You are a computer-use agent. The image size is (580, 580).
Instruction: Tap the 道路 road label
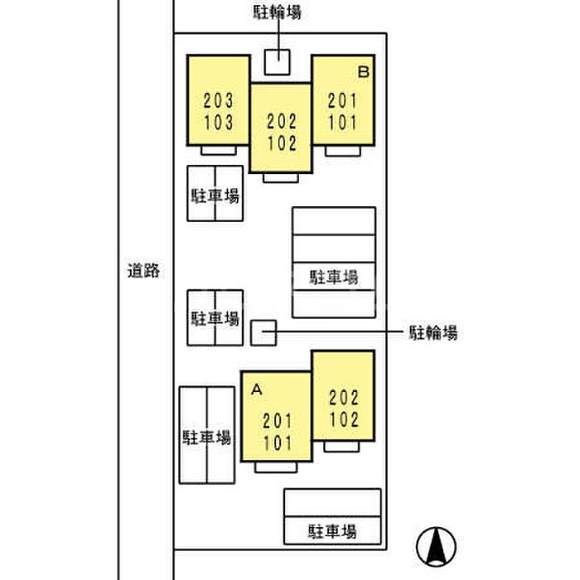(x=143, y=270)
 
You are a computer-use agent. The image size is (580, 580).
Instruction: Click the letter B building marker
(x=363, y=73)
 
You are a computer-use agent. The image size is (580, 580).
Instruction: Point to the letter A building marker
(x=256, y=388)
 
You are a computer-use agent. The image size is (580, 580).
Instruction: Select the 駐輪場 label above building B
(x=278, y=12)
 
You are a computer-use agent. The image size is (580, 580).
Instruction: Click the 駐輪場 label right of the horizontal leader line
(x=433, y=333)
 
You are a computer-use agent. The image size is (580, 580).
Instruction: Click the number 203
(x=218, y=102)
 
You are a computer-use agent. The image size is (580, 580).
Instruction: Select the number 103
(x=218, y=123)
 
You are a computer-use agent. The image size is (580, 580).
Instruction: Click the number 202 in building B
(x=282, y=122)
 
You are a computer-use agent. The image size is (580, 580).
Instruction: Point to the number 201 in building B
(x=342, y=102)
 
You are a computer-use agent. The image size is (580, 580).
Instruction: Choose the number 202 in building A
(x=344, y=397)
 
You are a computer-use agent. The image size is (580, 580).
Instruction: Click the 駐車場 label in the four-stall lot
(x=335, y=275)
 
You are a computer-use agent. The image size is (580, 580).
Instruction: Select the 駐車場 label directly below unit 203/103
(x=215, y=196)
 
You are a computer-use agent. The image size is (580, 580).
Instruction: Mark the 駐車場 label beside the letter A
(x=207, y=437)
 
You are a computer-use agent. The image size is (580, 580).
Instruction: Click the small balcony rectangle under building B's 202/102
(x=282, y=177)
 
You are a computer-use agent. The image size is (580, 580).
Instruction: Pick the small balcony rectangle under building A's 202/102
(x=341, y=447)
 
